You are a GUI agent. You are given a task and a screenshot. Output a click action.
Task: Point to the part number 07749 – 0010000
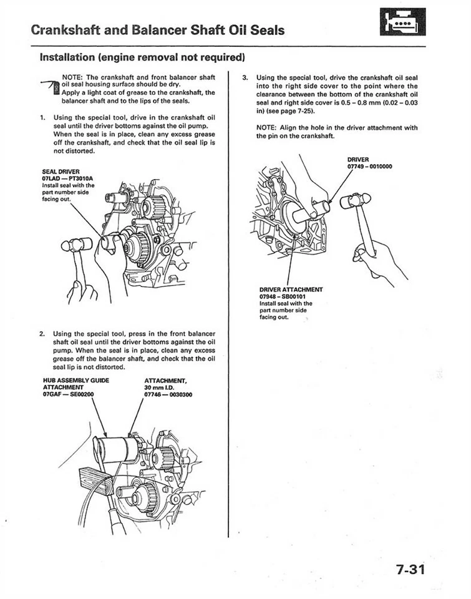369,166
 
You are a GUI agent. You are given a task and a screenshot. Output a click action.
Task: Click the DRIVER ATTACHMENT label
291,289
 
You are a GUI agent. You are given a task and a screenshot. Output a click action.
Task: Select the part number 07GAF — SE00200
69,394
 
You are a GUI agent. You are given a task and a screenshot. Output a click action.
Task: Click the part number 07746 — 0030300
168,394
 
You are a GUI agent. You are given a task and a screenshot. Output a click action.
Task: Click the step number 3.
245,78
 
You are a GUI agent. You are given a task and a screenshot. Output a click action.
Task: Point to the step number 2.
42,334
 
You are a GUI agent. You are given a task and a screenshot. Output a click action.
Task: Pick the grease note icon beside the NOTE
54,88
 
